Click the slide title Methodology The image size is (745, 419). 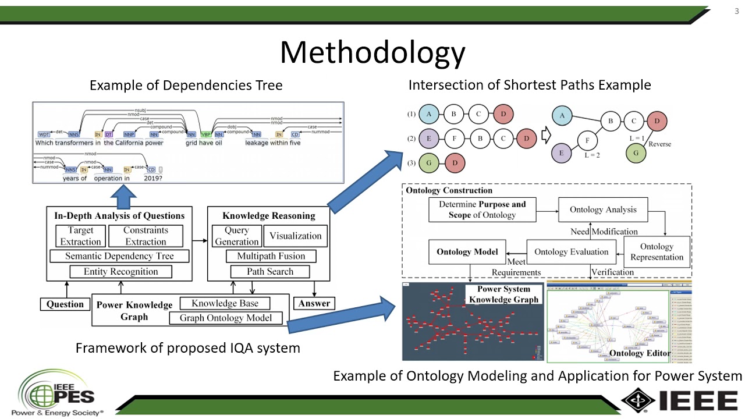[x=372, y=52]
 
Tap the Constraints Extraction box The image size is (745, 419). [x=146, y=236]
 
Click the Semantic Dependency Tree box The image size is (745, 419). [x=119, y=256]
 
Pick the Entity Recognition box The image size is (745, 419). [x=120, y=272]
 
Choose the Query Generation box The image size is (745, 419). [x=237, y=236]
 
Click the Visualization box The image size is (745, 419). [x=295, y=236]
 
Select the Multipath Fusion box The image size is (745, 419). [x=270, y=256]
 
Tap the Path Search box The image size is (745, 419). [x=270, y=272]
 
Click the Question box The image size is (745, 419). [x=65, y=304]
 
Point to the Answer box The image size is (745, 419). [x=314, y=303]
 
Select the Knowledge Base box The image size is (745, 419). [x=225, y=303]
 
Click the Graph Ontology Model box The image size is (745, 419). [x=225, y=318]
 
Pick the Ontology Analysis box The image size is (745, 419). [x=603, y=210]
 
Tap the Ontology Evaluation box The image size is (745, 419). [x=571, y=252]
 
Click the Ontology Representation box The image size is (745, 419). [x=657, y=252]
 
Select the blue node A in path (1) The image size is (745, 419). [x=429, y=114]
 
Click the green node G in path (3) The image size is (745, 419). [x=429, y=163]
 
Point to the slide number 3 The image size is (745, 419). [x=736, y=12]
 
